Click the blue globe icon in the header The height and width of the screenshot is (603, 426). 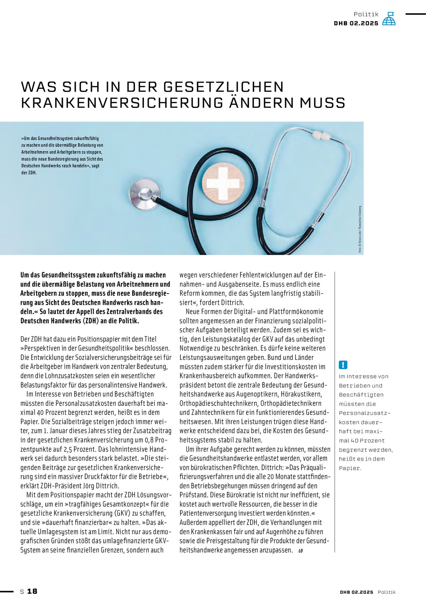389,19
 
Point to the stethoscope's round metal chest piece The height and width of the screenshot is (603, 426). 145,194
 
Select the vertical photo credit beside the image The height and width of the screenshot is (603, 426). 360,229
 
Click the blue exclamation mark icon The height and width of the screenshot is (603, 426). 343,365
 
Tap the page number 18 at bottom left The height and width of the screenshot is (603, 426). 32,591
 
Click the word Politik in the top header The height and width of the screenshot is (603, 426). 366,14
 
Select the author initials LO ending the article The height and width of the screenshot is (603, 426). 301,551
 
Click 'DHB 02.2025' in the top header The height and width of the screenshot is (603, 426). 356,23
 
